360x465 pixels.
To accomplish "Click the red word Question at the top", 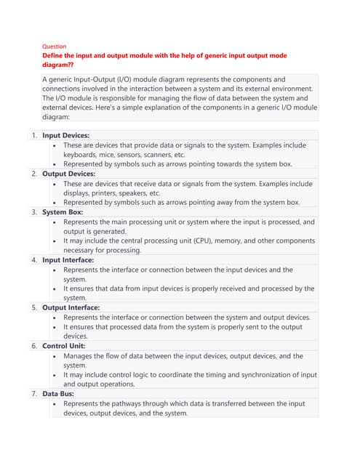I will pos(55,46).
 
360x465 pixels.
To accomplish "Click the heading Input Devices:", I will pos(66,135).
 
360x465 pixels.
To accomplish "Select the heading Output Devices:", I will pos(68,174).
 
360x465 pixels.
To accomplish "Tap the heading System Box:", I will pos(63,212).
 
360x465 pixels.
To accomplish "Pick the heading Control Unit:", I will pos(65,346).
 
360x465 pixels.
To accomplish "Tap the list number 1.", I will pos(34,135).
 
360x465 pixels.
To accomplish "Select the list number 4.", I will pos(34,259).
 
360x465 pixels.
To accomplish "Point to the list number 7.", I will pos(34,393).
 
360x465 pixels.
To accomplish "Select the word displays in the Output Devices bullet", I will pos(79,193).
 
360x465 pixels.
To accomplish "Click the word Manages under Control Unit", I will pos(81,356).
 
